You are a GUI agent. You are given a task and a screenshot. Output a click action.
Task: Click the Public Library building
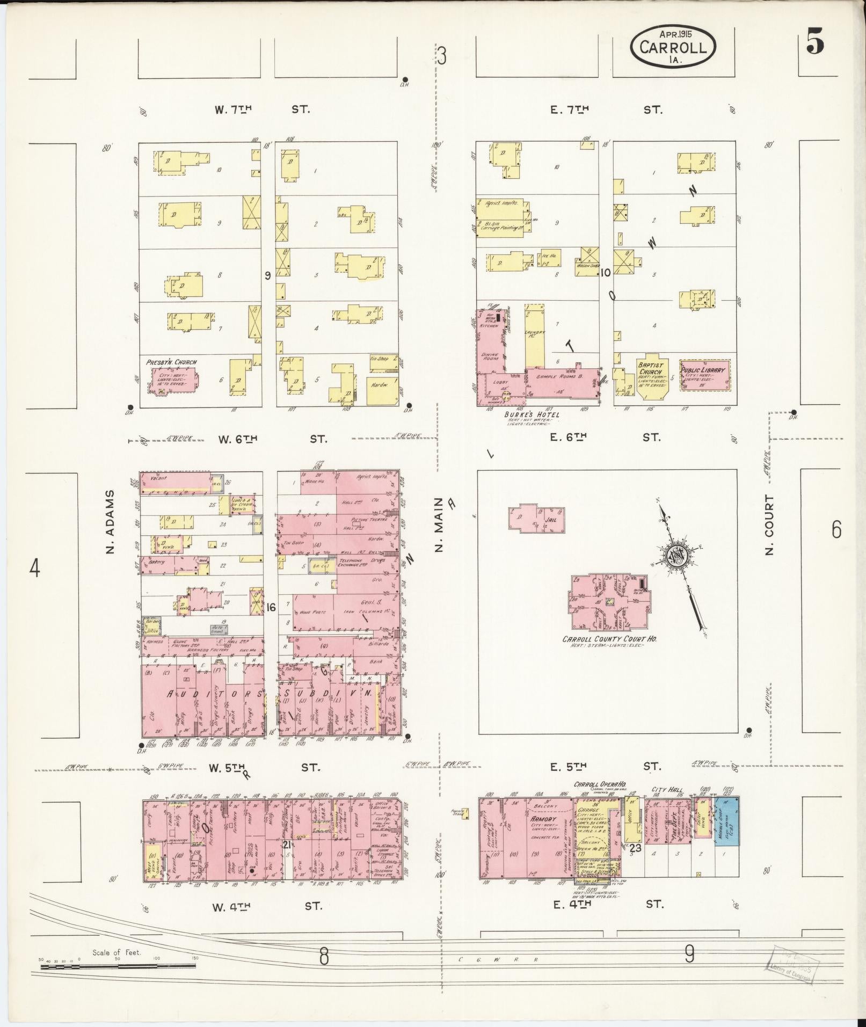[x=704, y=374]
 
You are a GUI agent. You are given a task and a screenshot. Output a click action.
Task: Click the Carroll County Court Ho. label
[x=609, y=639]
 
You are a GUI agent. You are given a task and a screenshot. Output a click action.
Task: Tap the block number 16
[x=271, y=607]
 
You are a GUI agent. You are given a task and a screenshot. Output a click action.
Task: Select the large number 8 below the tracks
[x=323, y=956]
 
